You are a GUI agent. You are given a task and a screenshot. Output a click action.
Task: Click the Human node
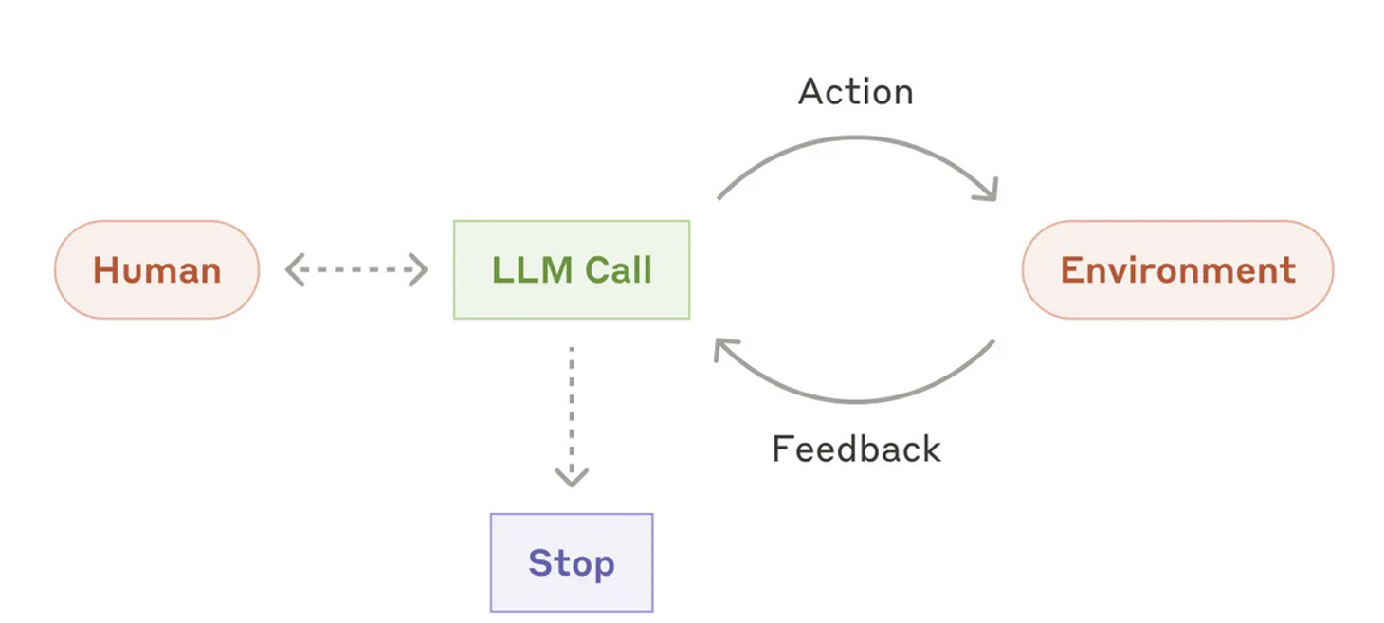click(156, 270)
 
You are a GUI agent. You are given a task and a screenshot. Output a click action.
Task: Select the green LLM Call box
click(572, 270)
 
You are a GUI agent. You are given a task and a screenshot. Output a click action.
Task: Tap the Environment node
click(1177, 270)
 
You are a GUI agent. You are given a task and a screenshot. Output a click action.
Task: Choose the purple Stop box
click(572, 563)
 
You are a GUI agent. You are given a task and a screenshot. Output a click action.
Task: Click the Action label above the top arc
click(856, 92)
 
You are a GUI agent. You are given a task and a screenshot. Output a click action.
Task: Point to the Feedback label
click(856, 449)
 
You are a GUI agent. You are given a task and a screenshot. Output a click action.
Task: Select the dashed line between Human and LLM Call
click(356, 270)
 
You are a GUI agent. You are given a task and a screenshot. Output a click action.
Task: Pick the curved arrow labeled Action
click(856, 139)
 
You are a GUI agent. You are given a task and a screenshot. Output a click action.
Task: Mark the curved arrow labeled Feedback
click(856, 399)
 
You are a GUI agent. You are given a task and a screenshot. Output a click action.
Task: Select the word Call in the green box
click(618, 270)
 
